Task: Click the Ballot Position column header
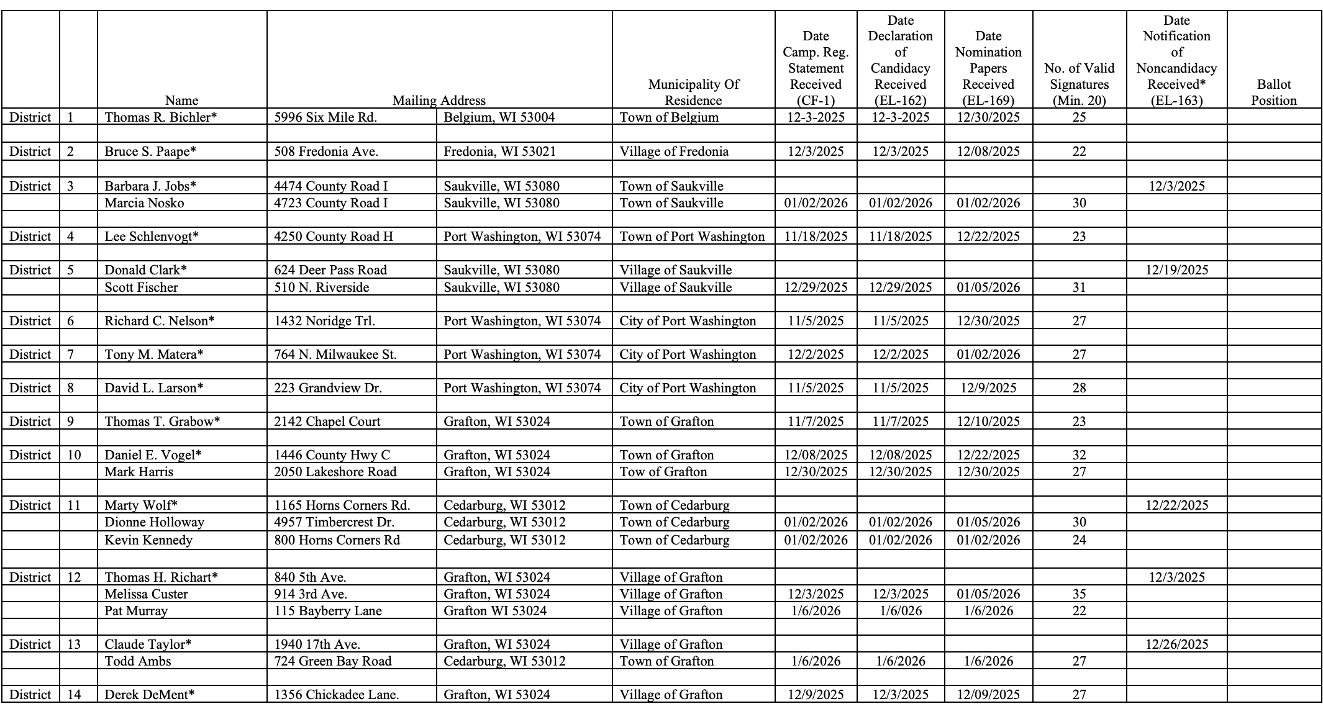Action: [x=1273, y=93]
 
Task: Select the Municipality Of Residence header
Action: [x=693, y=93]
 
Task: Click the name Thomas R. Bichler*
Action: [x=161, y=117]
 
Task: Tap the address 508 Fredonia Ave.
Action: [x=326, y=151]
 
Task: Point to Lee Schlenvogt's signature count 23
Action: [x=1079, y=237]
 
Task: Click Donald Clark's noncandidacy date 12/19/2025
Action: [x=1176, y=270]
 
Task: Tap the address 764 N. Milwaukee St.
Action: [x=335, y=354]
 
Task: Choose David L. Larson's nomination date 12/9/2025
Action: [x=988, y=388]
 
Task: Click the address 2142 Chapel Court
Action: [x=327, y=422]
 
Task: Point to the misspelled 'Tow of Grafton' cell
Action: [x=663, y=472]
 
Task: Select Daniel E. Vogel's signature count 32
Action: [x=1079, y=455]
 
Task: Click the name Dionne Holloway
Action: [x=154, y=522]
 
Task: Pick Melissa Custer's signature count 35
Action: [x=1079, y=594]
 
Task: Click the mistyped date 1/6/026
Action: [x=901, y=611]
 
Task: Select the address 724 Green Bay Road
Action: [x=333, y=661]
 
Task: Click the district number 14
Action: [x=74, y=695]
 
